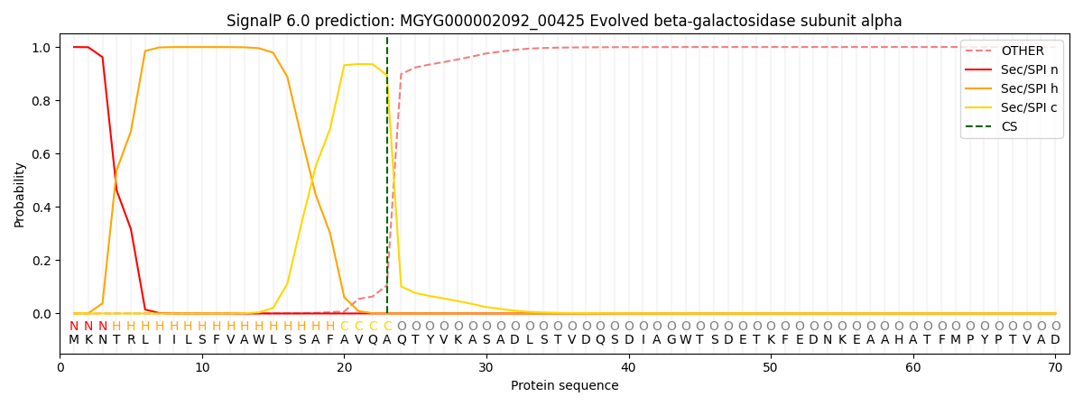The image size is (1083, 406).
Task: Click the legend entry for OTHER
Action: [1022, 51]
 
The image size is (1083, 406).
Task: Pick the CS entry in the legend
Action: [1009, 126]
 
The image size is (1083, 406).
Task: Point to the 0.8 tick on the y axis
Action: [42, 101]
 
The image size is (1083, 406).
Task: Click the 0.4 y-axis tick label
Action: [42, 208]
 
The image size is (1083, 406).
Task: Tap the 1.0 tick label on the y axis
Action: [42, 48]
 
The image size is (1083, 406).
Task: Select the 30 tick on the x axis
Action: [486, 367]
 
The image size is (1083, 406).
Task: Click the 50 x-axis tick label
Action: [771, 367]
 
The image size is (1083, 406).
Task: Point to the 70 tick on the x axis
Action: [1055, 367]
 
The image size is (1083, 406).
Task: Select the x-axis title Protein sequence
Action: [564, 385]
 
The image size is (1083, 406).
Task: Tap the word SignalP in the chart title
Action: [255, 21]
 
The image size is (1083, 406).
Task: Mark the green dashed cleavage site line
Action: [387, 180]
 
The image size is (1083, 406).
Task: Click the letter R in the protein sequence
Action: [131, 340]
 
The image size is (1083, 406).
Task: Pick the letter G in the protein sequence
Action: [671, 340]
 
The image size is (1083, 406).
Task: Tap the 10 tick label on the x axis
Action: [202, 367]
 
